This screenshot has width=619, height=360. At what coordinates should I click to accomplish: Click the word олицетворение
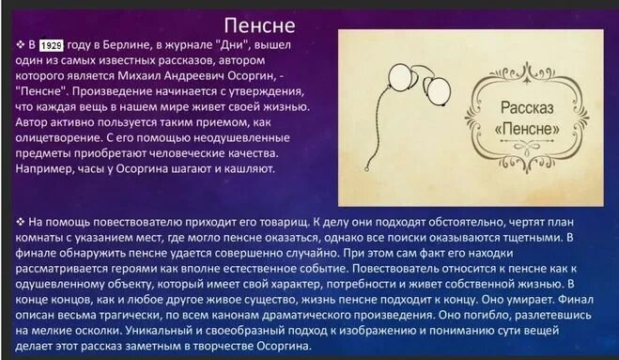[x=62, y=138]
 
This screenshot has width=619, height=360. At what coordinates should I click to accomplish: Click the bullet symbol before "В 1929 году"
[x=20, y=44]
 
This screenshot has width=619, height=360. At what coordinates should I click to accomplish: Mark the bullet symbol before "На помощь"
[x=20, y=220]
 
